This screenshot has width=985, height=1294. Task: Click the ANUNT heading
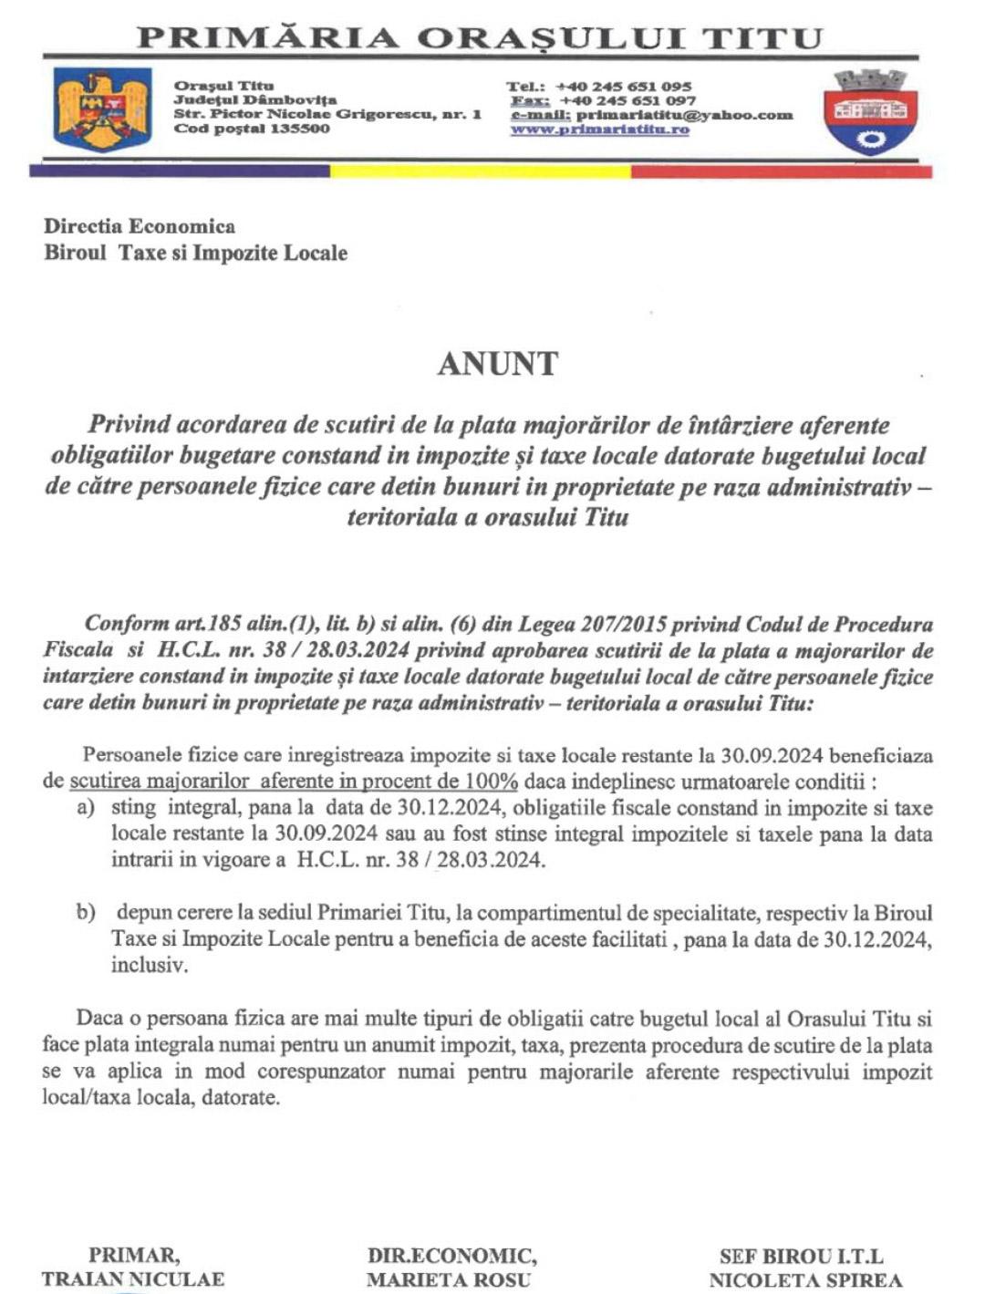coord(498,364)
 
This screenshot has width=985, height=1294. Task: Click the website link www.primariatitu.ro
coord(599,129)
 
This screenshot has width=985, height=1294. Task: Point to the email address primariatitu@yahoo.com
coord(684,115)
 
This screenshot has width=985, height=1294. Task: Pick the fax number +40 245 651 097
coord(627,100)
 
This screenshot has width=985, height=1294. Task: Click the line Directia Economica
coord(140,226)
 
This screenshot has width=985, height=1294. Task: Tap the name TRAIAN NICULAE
coord(133,1278)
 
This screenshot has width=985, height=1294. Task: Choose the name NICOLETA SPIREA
coord(805,1279)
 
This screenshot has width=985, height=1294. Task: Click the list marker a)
coord(86,808)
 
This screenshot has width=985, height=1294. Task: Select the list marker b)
coord(86,913)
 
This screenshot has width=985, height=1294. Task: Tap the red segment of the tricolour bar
coord(781,171)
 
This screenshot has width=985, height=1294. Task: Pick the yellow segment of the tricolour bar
coord(480,171)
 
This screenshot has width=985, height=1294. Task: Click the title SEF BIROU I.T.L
coord(801,1256)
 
